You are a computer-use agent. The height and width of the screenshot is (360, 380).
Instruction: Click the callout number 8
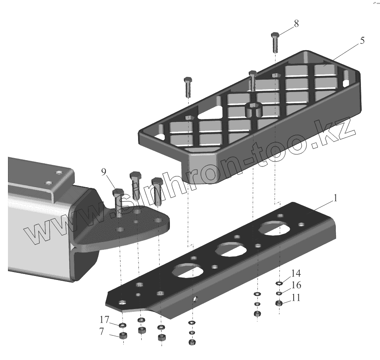click(296, 23)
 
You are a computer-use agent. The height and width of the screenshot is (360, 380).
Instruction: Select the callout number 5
click(362, 41)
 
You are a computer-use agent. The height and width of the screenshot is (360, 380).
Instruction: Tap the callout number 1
click(335, 198)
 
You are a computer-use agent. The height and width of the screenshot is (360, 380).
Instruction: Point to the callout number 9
click(104, 172)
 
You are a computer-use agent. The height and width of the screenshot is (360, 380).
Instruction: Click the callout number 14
click(296, 273)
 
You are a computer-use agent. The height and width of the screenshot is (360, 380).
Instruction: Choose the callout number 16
click(296, 285)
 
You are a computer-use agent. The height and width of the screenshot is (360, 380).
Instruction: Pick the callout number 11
click(295, 297)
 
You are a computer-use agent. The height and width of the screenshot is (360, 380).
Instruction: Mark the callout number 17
click(105, 319)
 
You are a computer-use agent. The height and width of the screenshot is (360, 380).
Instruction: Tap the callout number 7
click(102, 331)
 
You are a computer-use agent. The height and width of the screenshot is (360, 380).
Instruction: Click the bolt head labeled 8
click(275, 35)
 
